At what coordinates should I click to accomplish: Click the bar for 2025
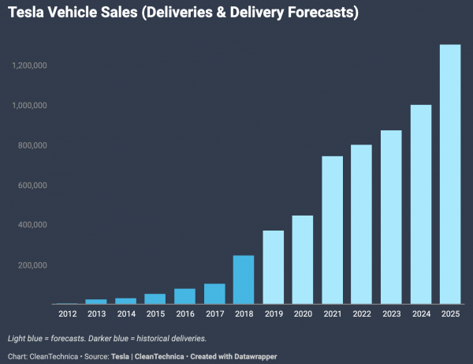450,174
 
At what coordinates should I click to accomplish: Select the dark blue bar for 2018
244,280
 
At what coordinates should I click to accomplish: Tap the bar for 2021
332,230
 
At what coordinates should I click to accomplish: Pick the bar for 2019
273,267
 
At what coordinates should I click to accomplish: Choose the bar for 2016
184,296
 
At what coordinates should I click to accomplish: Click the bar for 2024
420,205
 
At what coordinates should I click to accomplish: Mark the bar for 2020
303,260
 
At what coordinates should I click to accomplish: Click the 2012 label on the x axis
67,314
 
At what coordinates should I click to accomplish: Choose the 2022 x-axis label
362,314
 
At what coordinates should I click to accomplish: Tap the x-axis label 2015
155,314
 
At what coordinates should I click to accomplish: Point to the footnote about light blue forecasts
107,338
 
